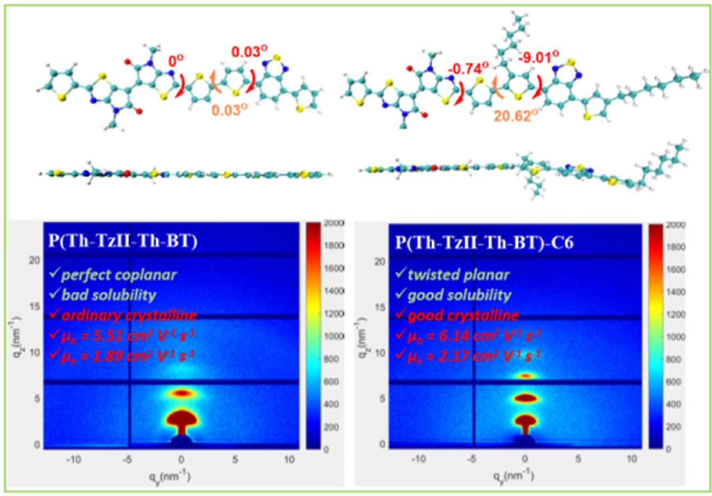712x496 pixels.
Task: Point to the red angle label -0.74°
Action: [x=469, y=68]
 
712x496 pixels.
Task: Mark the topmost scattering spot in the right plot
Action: [x=525, y=376]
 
